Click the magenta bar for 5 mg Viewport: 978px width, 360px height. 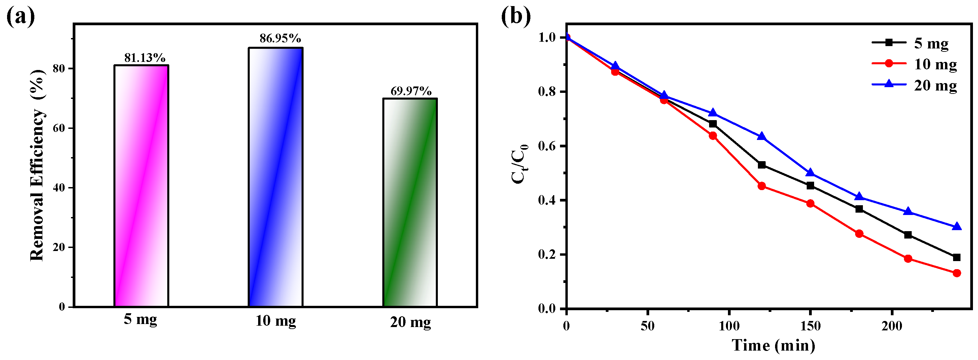point(141,186)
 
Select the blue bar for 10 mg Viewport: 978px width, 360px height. point(276,177)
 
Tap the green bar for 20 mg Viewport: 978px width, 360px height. point(410,203)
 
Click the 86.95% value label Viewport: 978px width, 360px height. point(280,38)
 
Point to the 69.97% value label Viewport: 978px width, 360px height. point(411,91)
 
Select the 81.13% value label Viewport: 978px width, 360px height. point(145,58)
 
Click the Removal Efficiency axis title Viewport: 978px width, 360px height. point(37,165)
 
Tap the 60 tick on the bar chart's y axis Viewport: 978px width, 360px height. point(59,128)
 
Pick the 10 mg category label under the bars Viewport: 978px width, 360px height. point(276,321)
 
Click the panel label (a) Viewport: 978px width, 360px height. point(21,17)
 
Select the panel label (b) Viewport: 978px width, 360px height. point(516,17)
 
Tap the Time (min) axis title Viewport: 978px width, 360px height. point(773,345)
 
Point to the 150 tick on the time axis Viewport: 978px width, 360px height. point(810,326)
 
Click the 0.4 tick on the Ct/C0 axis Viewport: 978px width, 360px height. point(546,201)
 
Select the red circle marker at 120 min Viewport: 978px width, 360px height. point(762,186)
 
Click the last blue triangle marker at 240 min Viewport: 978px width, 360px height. point(957,227)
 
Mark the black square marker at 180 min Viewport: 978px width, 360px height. point(859,209)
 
